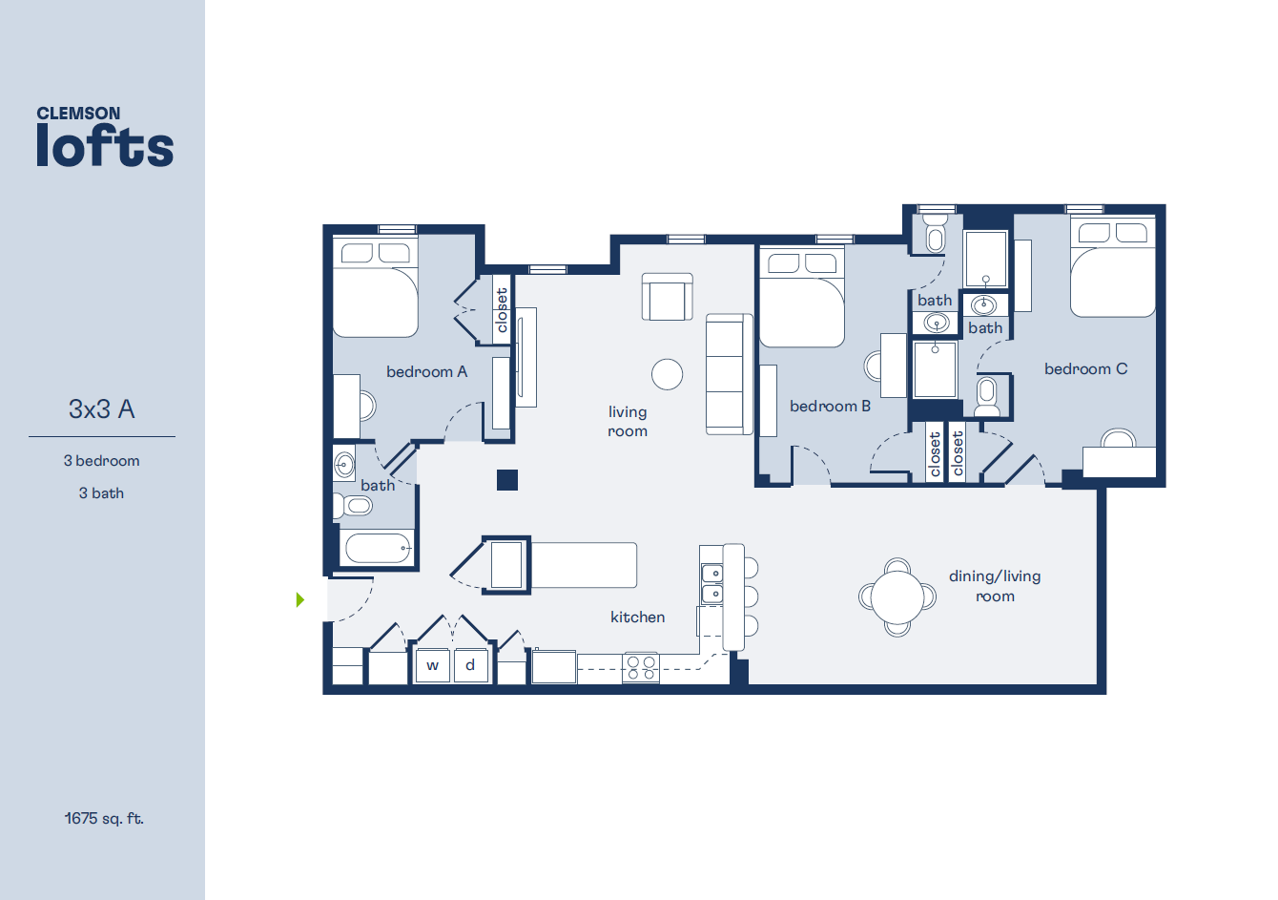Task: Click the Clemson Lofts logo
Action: coord(105,137)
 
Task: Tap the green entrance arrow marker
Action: coord(300,599)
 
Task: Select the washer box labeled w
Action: coord(432,665)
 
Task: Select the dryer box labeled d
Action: coord(470,664)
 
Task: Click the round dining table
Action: coord(897,597)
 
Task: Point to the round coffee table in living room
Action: coord(668,374)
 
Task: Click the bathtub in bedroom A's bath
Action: coord(378,549)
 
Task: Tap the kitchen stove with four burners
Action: coord(641,667)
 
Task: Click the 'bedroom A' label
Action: coord(426,371)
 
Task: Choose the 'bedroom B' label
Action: coord(830,406)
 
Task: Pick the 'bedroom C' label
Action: coord(1085,368)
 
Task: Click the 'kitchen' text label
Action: coord(637,617)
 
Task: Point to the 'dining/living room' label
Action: coord(995,586)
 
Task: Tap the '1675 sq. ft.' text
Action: coord(104,818)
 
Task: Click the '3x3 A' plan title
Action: coord(102,409)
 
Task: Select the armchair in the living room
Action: coord(668,297)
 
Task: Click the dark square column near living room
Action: coord(507,479)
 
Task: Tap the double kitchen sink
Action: coord(711,583)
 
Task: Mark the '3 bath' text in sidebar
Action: coord(101,492)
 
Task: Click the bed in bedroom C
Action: coord(1112,267)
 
